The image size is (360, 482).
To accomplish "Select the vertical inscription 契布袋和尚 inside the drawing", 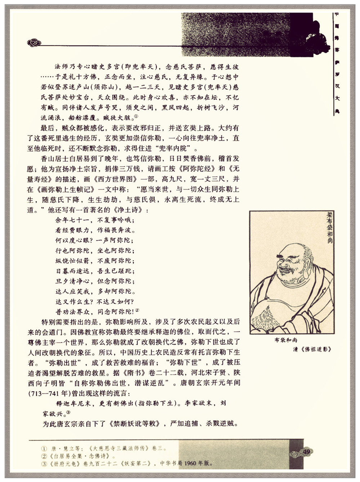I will tap(329, 227).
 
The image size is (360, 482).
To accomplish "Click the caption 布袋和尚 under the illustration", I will tap(286, 340).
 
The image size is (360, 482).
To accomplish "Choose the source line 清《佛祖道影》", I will tap(312, 349).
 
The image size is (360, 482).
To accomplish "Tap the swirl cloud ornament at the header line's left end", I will tap(34, 43).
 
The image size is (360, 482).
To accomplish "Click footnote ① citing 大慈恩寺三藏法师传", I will tap(105, 448).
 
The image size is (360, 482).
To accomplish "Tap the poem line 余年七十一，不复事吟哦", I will tap(95, 220).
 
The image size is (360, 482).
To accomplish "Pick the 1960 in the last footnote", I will tap(190, 463).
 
